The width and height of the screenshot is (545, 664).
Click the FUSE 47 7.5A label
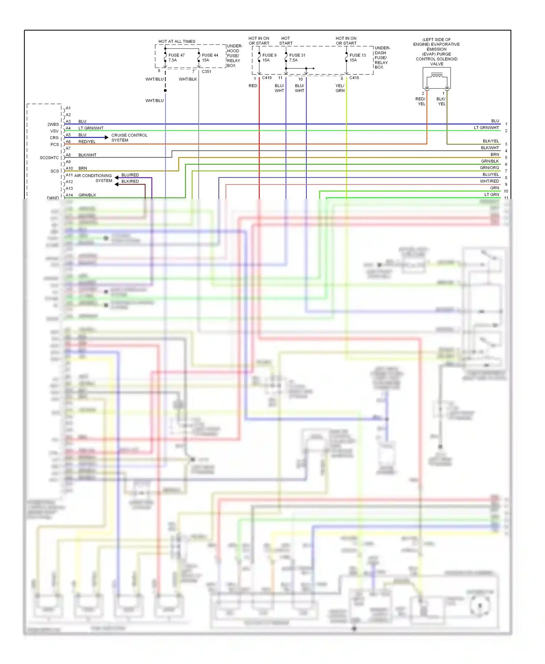pos(176,58)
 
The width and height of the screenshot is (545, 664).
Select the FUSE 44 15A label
pos(210,58)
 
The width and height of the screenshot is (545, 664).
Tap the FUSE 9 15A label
pos(269,58)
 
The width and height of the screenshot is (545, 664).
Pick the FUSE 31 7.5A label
pos(297,58)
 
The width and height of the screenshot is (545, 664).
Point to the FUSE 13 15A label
pos(357,58)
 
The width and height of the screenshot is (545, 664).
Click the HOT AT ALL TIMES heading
pos(177,41)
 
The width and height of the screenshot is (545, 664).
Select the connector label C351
pos(206,72)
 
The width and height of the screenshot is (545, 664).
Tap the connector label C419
pos(267,78)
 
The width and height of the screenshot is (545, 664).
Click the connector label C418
pos(354,78)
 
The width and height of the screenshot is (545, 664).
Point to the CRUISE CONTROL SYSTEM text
pos(129,138)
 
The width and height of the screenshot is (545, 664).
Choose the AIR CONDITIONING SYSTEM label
pos(93,178)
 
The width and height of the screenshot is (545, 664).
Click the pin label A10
pos(69,169)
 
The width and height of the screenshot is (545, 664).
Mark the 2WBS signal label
pos(53,124)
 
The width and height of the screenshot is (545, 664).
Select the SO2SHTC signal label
pos(49,158)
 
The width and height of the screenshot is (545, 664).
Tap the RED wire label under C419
pos(253,86)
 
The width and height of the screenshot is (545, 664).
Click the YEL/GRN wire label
pos(340,88)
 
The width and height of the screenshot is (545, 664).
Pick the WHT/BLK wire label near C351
pos(187,79)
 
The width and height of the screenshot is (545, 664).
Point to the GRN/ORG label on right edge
pos(489,168)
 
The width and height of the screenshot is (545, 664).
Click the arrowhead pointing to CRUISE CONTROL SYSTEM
pos(106,137)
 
